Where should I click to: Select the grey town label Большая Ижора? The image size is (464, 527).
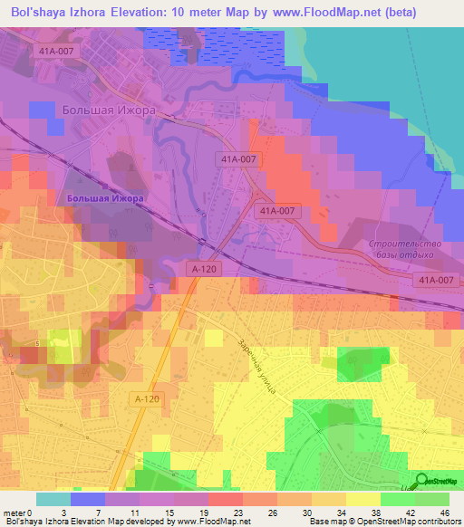pyautogui.click(x=110, y=110)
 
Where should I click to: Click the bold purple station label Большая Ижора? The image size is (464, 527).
pyautogui.click(x=106, y=197)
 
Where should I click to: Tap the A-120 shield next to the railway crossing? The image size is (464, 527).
pyautogui.click(x=205, y=269)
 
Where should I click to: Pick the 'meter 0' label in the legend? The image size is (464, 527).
pyautogui.click(x=20, y=512)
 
